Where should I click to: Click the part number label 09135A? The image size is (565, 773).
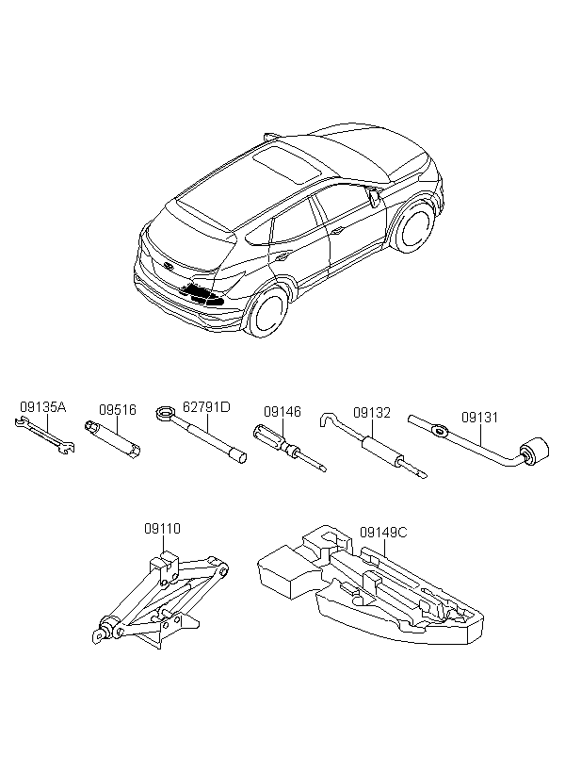click(x=43, y=407)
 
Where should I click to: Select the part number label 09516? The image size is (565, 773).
click(x=117, y=410)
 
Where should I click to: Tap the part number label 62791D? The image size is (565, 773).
click(x=206, y=407)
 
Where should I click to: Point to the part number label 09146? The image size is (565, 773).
click(x=282, y=412)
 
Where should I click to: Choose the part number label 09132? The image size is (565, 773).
click(x=372, y=413)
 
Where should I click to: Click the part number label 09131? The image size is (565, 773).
click(x=479, y=417)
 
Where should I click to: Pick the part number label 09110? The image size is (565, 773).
click(x=163, y=529)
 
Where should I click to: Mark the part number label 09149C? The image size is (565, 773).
click(x=383, y=533)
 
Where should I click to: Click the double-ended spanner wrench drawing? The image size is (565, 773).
click(x=44, y=436)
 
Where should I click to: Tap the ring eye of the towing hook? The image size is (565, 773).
click(x=164, y=412)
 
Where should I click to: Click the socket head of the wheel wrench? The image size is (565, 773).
click(x=534, y=451)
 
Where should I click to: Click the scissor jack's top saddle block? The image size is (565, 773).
click(x=165, y=566)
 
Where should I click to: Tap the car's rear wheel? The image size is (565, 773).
click(x=268, y=313)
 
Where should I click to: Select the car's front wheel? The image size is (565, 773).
click(x=417, y=227)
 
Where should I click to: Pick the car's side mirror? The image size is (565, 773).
click(x=374, y=196)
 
